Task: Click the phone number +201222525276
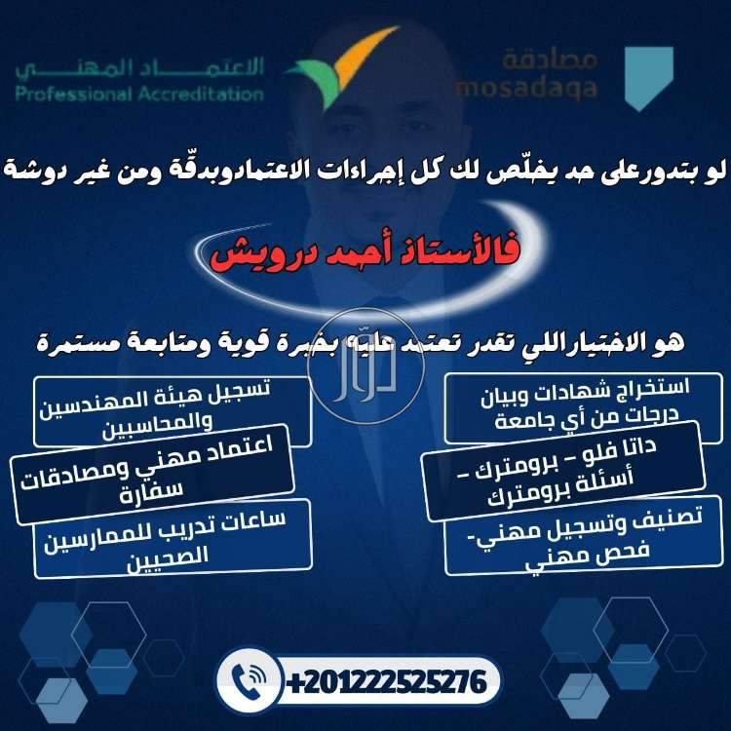coord(384,680)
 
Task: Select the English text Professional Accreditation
coord(139,95)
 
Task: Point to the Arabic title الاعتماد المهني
coord(139,67)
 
